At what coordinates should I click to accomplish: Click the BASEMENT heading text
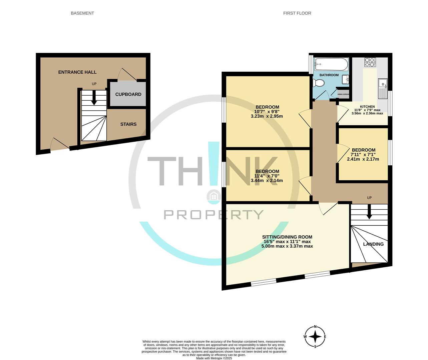click(82, 13)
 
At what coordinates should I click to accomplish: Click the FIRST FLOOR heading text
click(297, 13)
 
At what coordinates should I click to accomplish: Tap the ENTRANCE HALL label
click(77, 72)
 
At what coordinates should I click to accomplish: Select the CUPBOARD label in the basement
click(128, 94)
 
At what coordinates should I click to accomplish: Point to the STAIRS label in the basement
click(128, 124)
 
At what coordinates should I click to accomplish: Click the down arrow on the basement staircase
click(94, 100)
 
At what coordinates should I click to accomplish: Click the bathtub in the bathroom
click(331, 63)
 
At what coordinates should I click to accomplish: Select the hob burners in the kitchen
click(370, 62)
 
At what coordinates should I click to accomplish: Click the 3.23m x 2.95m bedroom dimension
click(267, 116)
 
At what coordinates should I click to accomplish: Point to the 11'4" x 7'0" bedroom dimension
click(267, 176)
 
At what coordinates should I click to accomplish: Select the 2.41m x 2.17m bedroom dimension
click(363, 159)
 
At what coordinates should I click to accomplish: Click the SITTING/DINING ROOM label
click(287, 237)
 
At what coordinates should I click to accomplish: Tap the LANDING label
click(373, 244)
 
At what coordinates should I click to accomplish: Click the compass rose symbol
click(315, 337)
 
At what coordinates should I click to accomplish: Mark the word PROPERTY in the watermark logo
click(213, 215)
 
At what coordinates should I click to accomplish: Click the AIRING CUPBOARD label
click(343, 94)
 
